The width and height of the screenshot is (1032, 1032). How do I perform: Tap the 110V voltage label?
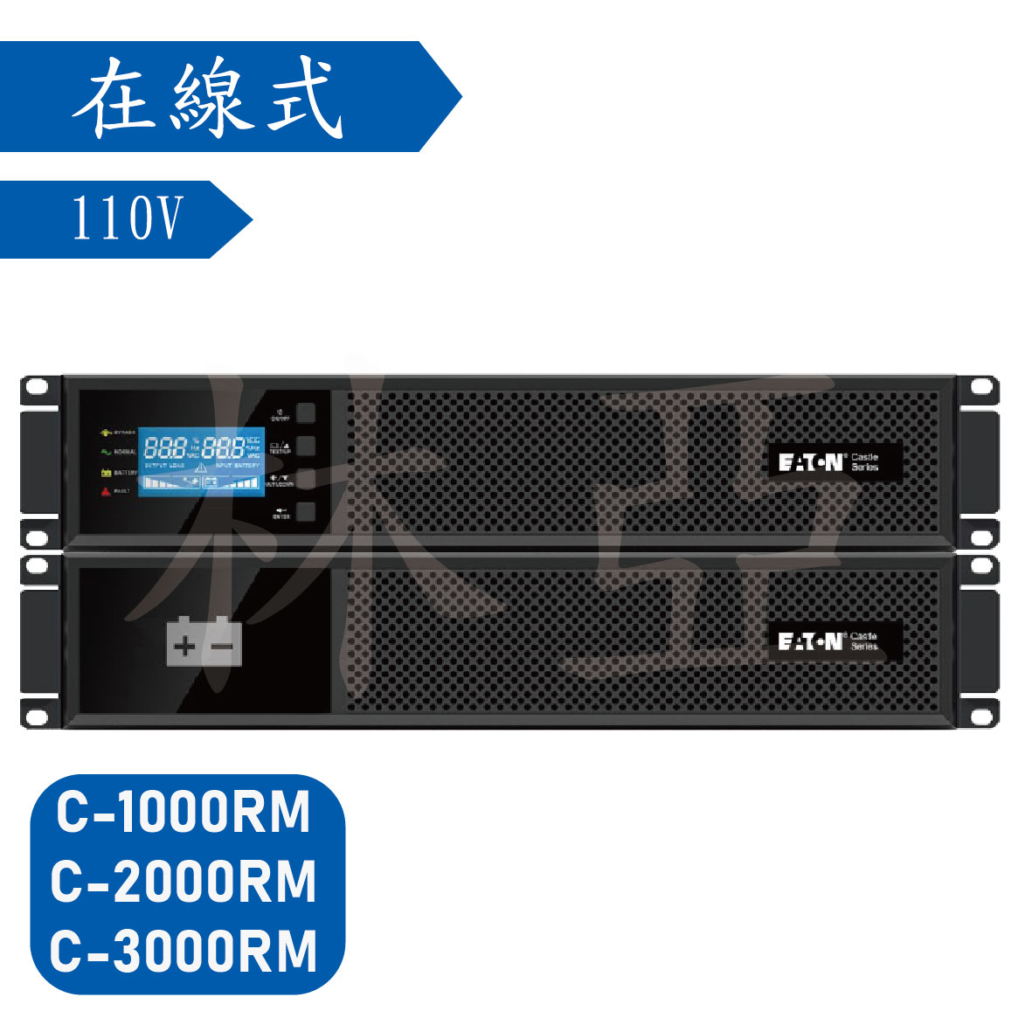(128, 218)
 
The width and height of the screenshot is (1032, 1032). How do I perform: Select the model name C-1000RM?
(184, 814)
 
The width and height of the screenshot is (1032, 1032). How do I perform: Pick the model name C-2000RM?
(184, 882)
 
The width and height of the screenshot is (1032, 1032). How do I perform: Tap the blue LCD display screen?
(200, 463)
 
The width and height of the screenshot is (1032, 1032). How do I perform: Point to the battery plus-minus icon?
(204, 642)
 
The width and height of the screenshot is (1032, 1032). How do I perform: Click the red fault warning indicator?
(106, 493)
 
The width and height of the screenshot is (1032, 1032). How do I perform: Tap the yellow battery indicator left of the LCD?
(106, 473)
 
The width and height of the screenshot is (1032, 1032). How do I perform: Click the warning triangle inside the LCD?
(200, 468)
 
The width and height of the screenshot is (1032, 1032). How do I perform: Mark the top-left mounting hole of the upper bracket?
(37, 386)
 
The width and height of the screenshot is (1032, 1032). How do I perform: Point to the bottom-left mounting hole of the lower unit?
(37, 717)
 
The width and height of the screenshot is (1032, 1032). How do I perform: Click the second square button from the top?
(305, 447)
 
